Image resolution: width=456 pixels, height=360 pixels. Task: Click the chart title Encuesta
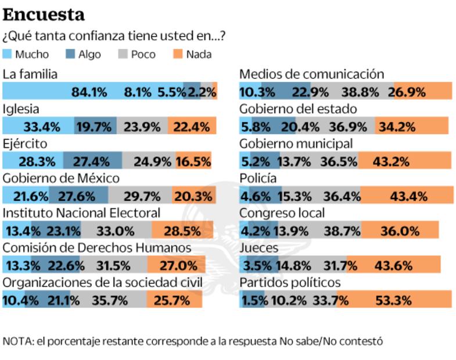point(44,14)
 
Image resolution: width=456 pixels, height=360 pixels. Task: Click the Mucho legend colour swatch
point(8,55)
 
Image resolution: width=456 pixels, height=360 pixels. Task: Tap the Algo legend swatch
point(70,55)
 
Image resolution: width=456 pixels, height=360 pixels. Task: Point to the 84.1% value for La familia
point(89,92)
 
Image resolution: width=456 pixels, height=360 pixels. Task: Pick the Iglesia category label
point(21,109)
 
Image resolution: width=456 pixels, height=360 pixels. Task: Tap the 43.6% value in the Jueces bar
point(393,266)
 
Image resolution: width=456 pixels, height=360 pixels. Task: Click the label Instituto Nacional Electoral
point(81,213)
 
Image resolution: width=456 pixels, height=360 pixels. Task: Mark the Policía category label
point(258,178)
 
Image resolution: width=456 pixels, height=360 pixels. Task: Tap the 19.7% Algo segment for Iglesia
point(95,127)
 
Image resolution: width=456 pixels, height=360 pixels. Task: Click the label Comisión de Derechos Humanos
point(97,248)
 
